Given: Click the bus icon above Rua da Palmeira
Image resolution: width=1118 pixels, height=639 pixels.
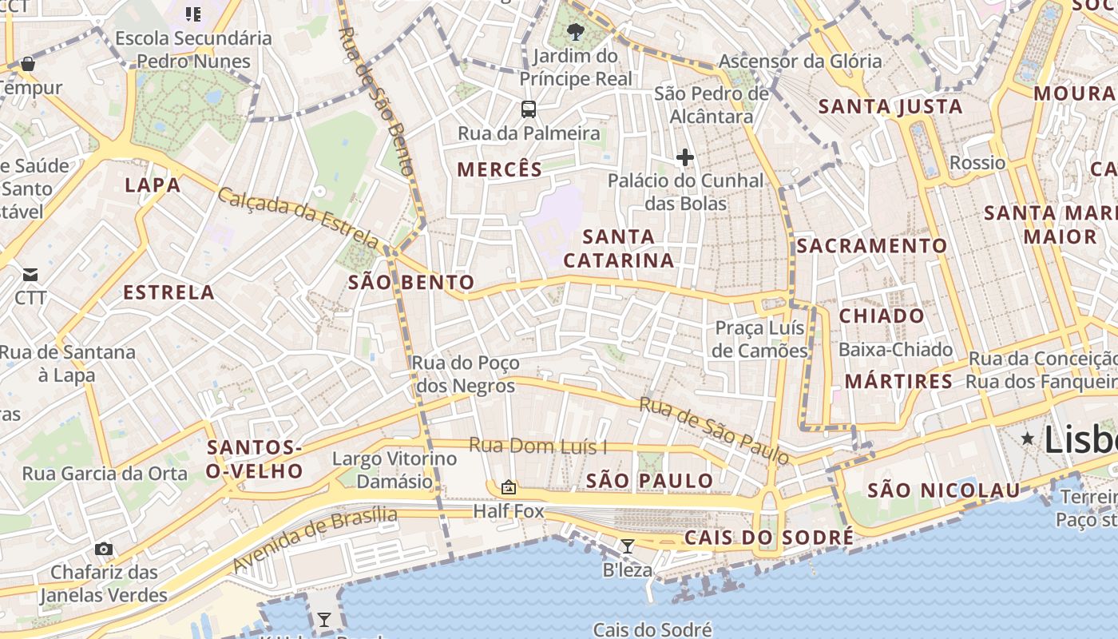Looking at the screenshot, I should click(528, 109).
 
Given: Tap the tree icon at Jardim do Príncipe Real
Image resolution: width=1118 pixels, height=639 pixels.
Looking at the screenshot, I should click(574, 32).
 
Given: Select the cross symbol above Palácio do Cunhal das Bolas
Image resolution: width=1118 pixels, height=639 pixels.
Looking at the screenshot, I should click(684, 157).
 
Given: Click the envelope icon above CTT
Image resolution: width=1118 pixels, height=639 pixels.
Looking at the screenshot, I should click(30, 275).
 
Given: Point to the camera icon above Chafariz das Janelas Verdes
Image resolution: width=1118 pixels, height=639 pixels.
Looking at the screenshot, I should click(103, 549).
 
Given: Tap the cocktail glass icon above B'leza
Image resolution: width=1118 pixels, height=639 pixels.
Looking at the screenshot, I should click(628, 546).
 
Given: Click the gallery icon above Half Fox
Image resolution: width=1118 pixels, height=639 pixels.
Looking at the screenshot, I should click(508, 487).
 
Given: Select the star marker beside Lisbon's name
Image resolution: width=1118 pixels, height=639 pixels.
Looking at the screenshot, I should click(1027, 437).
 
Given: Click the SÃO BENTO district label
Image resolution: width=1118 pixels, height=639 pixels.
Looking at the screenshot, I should click(411, 282).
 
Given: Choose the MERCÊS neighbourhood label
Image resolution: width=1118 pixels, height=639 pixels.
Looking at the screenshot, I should click(499, 169).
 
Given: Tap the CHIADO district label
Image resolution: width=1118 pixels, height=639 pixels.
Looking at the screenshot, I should click(882, 316).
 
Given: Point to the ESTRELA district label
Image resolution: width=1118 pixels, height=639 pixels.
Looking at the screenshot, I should click(168, 292).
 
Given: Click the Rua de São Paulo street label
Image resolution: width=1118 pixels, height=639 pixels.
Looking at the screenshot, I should click(714, 430).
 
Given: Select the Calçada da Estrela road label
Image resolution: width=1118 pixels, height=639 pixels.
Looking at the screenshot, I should click(299, 216).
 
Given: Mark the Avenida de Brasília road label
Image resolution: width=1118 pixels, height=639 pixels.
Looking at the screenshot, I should click(315, 538).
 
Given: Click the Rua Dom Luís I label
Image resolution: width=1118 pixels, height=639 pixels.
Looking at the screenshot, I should click(537, 446).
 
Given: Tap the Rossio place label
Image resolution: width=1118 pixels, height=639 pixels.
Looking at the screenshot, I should click(977, 163).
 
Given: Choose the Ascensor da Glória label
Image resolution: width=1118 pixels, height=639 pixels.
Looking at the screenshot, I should click(800, 61).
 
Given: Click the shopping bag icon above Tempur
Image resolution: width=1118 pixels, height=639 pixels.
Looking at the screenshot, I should click(28, 64).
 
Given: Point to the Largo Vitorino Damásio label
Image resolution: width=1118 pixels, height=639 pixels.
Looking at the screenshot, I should click(394, 470).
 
